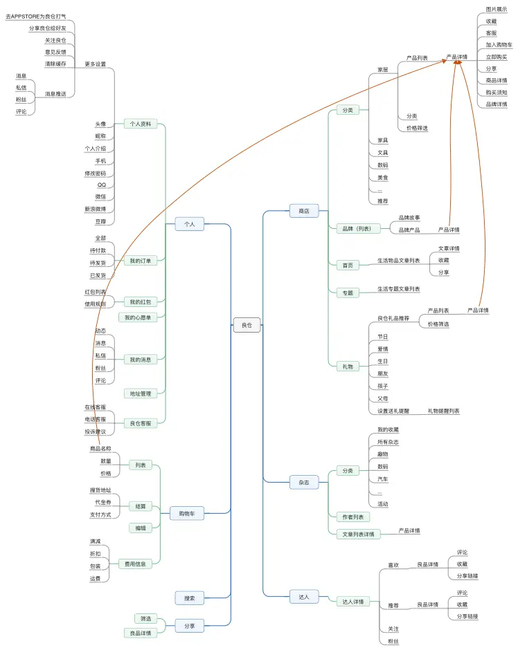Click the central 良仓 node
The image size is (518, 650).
[x=247, y=324]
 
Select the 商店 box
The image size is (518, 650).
[x=304, y=211]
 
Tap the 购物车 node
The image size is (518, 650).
[x=187, y=514]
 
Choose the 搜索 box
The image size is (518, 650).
[x=190, y=598]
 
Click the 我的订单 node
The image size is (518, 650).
[x=141, y=261]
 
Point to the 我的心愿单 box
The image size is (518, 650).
[x=139, y=317]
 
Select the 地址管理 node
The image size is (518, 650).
[x=141, y=393]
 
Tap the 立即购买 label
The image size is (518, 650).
[x=496, y=57]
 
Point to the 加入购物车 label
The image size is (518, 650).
[x=499, y=45]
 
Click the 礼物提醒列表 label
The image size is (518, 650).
[x=443, y=411]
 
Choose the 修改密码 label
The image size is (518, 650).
[x=96, y=173]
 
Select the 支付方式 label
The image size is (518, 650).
[x=100, y=514]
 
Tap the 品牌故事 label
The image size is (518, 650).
[x=409, y=217]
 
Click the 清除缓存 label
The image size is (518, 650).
[x=55, y=64]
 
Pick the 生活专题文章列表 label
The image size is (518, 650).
[x=398, y=288]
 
